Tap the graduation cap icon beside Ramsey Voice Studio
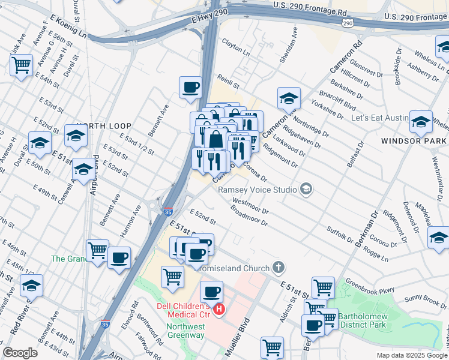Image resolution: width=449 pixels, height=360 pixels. (307, 190)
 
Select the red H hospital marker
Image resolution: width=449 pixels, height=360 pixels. (220, 310)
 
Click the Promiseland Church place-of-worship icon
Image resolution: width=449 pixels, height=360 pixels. (277, 266)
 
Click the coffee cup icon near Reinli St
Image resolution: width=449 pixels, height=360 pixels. (190, 88)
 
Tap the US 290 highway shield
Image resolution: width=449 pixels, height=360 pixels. (348, 22)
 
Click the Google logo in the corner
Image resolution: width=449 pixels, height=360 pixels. (20, 353)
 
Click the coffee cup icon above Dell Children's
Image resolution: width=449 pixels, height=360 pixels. (211, 292)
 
